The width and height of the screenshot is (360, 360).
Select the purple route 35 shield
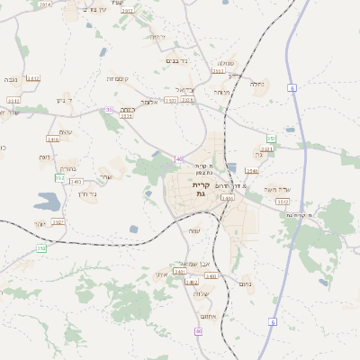click(x=109, y=110)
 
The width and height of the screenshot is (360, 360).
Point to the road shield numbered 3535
click(x=126, y=115)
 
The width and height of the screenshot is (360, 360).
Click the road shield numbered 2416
click(x=53, y=139)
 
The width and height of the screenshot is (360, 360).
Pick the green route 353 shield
click(x=271, y=138)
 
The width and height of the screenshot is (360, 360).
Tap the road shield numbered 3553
click(x=266, y=149)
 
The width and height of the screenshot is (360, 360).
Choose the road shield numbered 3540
click(x=251, y=170)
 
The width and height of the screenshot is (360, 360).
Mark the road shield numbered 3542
click(x=282, y=202)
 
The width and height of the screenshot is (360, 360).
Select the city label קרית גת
click(x=201, y=189)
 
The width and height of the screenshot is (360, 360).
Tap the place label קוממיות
click(x=117, y=79)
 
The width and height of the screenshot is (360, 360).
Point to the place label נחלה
click(x=256, y=85)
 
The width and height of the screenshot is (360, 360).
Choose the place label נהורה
click(x=222, y=92)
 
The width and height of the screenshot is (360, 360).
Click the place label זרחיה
click(x=157, y=37)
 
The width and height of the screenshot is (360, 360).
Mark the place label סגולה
click(x=225, y=63)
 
